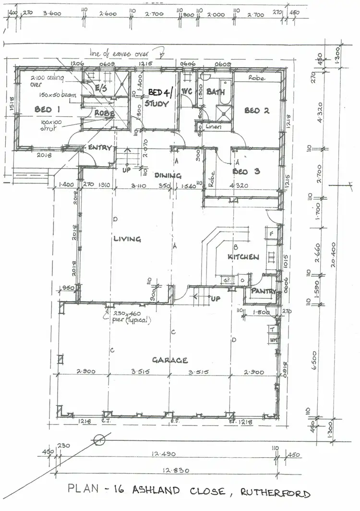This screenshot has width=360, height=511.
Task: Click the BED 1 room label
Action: click(47, 109)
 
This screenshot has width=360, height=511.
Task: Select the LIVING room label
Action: click(127, 239)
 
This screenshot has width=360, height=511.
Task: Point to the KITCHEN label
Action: click(243, 257)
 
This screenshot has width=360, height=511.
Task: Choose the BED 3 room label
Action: click(246, 171)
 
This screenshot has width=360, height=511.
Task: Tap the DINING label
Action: click(168, 176)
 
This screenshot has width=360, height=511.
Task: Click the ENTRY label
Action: click(100, 148)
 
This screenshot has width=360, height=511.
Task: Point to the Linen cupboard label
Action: click(213, 127)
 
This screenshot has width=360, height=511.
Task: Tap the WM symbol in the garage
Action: click(273, 340)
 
